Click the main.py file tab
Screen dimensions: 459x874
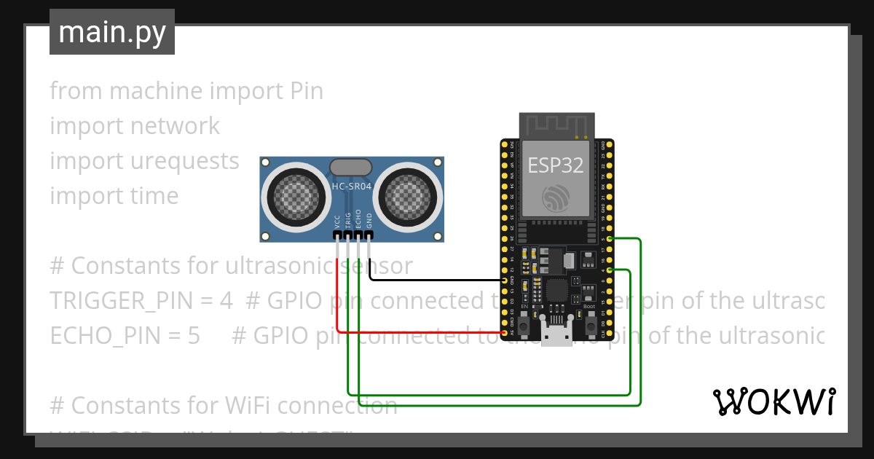(x=112, y=32)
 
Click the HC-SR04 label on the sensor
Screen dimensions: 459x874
(x=350, y=186)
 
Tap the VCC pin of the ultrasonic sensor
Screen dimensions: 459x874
(x=337, y=235)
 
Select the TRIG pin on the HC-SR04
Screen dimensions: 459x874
(x=348, y=235)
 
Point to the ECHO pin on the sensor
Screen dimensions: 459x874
(x=359, y=235)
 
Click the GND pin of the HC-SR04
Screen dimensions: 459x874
(x=369, y=235)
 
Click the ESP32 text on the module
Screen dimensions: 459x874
(x=556, y=165)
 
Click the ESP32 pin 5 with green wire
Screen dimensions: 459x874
(x=609, y=239)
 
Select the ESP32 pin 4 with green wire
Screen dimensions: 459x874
(x=609, y=270)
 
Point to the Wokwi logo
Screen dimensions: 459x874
(x=773, y=401)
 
